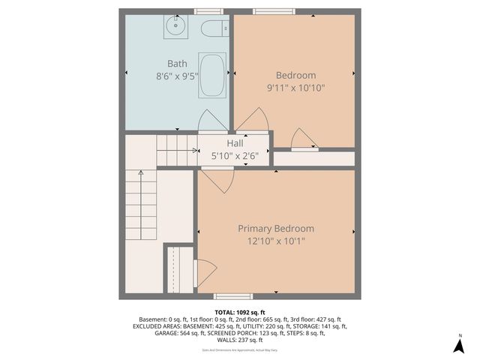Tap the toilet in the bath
(213, 29)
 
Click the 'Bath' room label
(177, 64)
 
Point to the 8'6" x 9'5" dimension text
(177, 76)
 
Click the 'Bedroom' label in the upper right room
(295, 75)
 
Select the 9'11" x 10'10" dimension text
(295, 87)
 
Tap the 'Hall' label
(235, 143)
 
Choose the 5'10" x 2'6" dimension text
(235, 155)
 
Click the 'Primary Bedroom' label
(276, 229)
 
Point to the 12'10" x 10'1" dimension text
(276, 241)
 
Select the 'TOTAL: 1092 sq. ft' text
(240, 312)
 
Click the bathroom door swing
(209, 121)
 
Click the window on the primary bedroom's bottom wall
(228, 296)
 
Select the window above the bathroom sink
(203, 11)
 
